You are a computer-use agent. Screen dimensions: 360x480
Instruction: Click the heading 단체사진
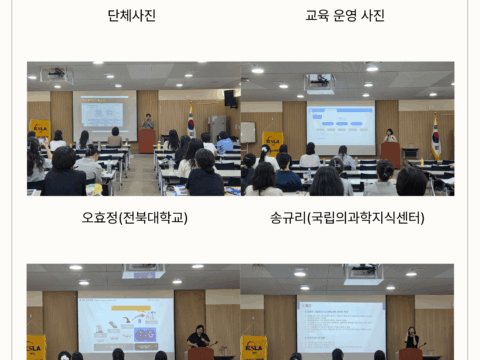pyautogui.click(x=131, y=15)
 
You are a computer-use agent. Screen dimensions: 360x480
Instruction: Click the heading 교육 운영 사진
pyautogui.click(x=344, y=15)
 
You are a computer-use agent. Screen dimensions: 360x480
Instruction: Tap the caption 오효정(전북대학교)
pyautogui.click(x=134, y=217)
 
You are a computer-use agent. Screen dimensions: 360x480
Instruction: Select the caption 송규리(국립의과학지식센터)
pyautogui.click(x=346, y=217)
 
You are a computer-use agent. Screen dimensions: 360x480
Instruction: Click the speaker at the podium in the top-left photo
pyautogui.click(x=147, y=123)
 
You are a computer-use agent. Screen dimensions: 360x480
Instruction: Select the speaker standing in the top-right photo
pyautogui.click(x=390, y=136)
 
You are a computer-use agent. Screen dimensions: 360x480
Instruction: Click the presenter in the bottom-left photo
pyautogui.click(x=200, y=337)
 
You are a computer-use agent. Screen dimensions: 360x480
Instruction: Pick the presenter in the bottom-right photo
pyautogui.click(x=411, y=338)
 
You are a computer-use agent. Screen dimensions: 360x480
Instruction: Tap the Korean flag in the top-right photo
pyautogui.click(x=435, y=135)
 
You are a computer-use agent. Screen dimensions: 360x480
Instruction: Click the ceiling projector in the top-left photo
pyautogui.click(x=57, y=74)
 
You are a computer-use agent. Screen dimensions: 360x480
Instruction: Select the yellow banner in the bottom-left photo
pyautogui.click(x=36, y=347)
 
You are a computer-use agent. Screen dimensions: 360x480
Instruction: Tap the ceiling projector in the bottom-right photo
pyautogui.click(x=362, y=273)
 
